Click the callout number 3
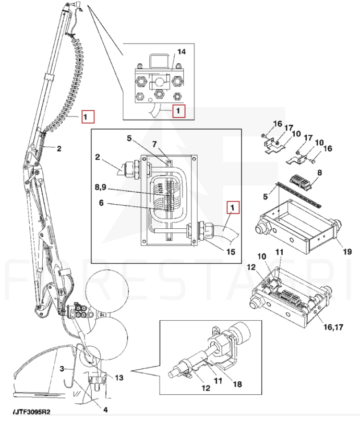click(62, 369)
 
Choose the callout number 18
click(237, 384)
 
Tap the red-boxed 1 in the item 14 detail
click(179, 111)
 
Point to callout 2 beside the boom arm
click(59, 149)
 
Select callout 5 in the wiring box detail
click(128, 138)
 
